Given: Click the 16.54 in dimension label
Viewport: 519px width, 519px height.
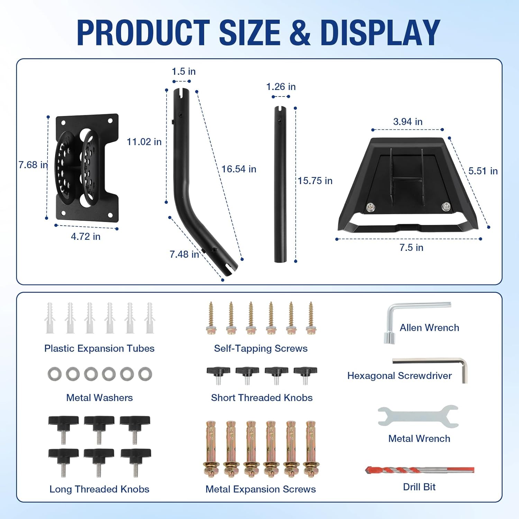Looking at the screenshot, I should tap(239, 169).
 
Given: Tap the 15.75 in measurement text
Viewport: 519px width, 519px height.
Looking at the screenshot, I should tap(315, 181).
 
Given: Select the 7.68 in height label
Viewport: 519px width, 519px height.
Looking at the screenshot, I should tap(33, 165).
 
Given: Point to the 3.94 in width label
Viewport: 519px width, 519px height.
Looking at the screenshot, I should tap(408, 122).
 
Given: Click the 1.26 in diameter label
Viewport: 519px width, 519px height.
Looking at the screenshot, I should tap(281, 87).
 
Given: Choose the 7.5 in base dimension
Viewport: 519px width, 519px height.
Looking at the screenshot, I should tap(411, 248).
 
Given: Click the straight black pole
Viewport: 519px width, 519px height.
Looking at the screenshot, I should tap(280, 183).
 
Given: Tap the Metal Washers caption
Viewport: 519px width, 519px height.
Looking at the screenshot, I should tap(99, 398).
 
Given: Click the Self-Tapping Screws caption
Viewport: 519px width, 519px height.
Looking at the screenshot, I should tap(261, 348).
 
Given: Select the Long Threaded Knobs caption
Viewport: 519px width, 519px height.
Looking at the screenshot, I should tap(99, 489).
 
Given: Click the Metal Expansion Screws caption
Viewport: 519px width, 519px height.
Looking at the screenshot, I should tap(261, 489).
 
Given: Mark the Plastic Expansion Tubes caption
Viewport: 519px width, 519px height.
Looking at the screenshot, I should tap(99, 348).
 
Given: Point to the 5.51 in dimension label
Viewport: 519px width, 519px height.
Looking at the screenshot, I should tap(483, 171).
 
